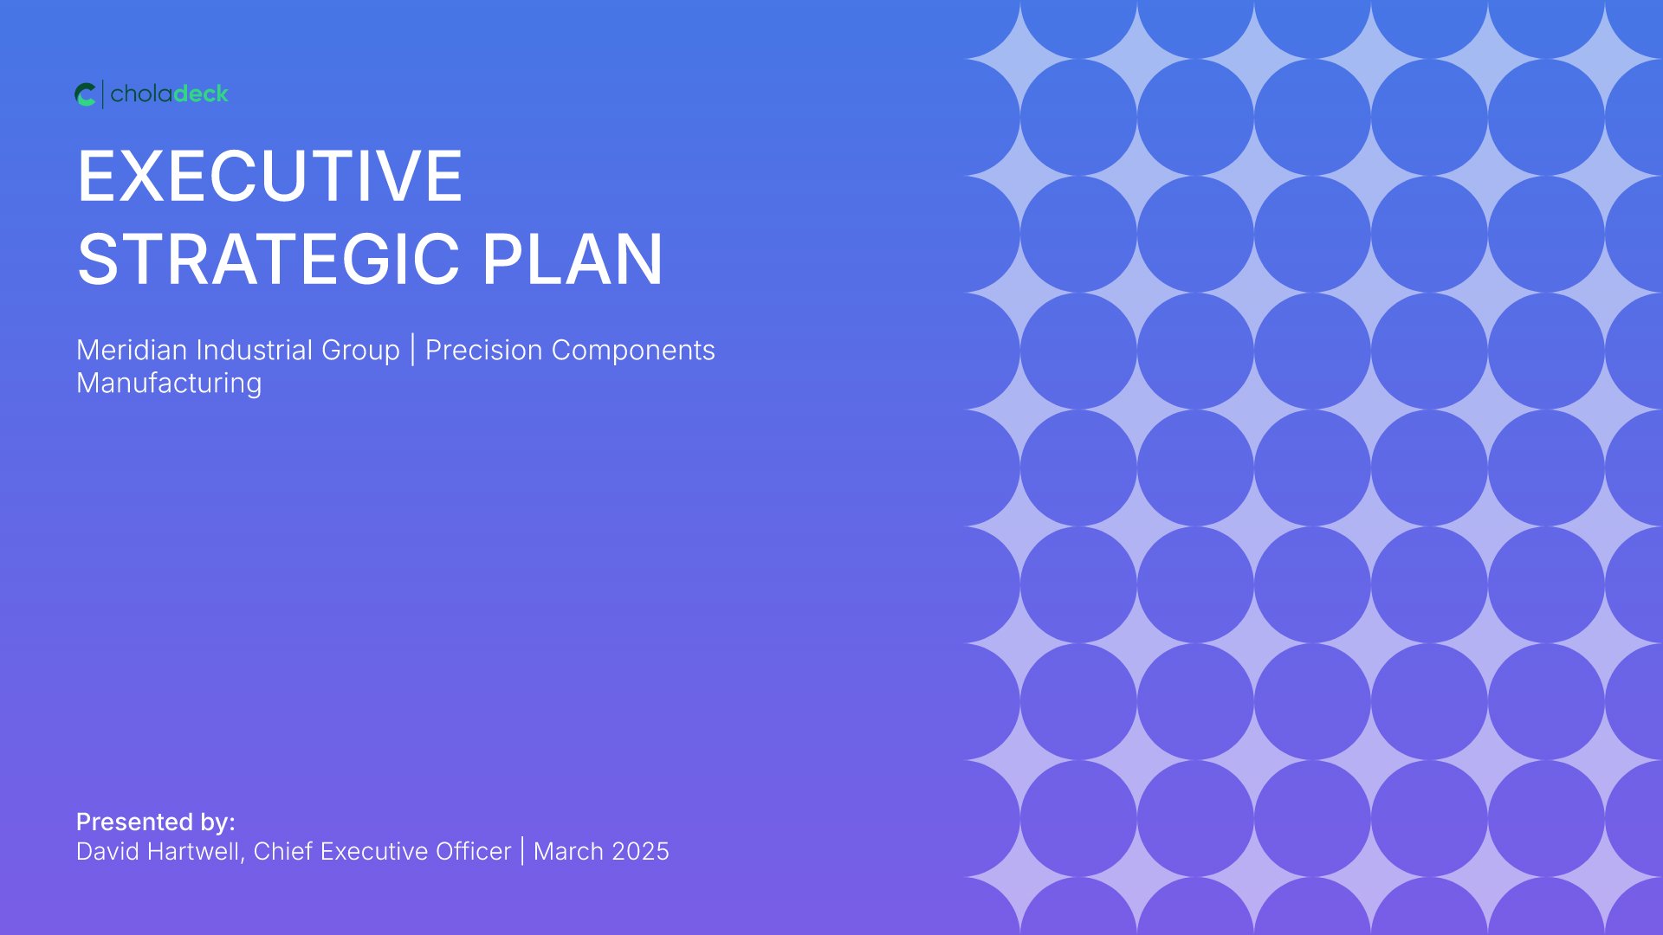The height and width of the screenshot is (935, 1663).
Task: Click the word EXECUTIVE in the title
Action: tap(270, 176)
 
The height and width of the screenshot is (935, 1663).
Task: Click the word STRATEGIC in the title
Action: tap(269, 259)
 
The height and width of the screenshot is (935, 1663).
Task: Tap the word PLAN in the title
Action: tap(573, 259)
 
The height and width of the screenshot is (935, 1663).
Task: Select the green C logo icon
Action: tap(85, 94)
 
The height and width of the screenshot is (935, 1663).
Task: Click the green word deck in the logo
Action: tap(200, 93)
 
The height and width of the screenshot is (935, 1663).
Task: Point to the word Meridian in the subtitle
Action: tap(132, 350)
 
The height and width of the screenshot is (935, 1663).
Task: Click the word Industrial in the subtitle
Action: tap(255, 350)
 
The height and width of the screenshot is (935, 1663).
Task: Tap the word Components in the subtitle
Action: tap(633, 351)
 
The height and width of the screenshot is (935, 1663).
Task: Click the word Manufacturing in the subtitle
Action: tap(169, 384)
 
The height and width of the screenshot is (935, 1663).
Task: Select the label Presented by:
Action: tap(156, 822)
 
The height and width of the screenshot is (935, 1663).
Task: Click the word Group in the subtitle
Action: tap(360, 351)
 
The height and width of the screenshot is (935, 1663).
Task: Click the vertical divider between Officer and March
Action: tap(522, 851)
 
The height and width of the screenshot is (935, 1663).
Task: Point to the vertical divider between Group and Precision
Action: tap(413, 350)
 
